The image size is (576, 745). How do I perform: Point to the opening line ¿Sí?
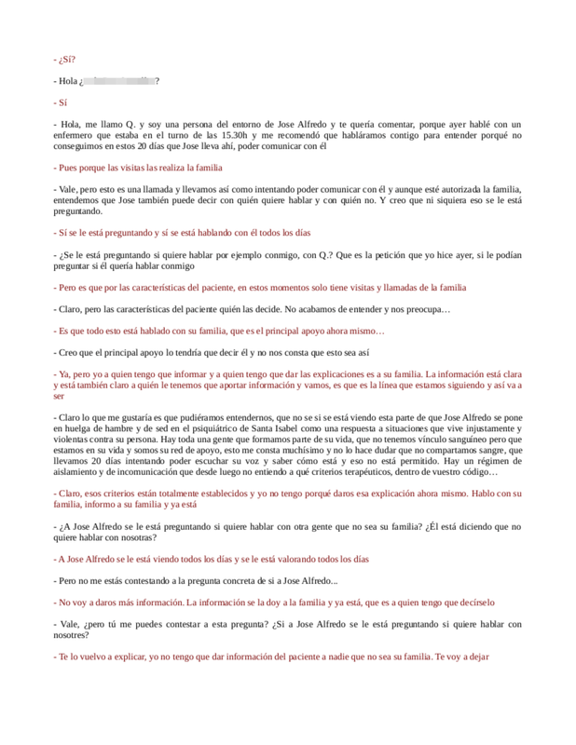[x=65, y=60]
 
